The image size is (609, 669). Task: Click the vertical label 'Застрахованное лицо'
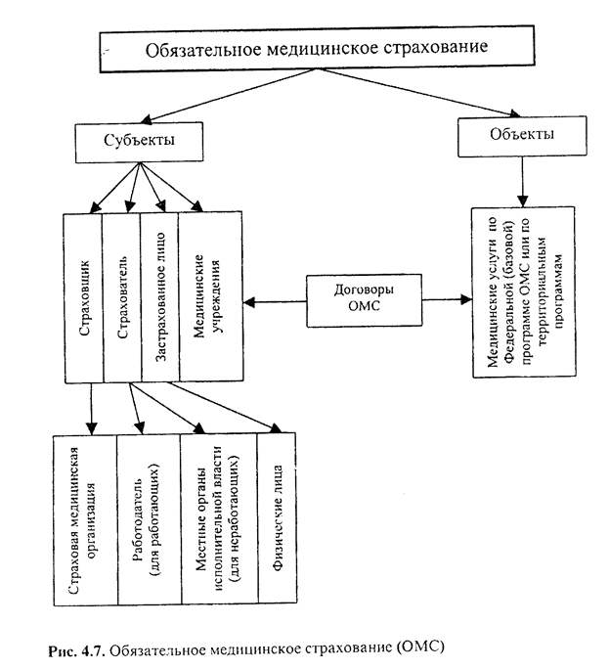157,292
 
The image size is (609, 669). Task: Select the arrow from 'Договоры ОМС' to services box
440,299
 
